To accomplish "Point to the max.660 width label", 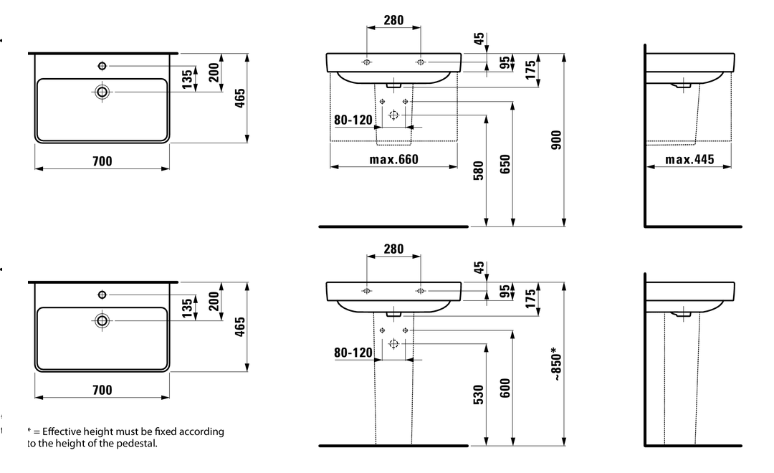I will (393, 159).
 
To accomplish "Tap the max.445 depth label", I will (689, 159).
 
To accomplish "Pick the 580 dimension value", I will (479, 170).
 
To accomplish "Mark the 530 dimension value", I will (479, 394).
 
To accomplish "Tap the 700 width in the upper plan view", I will (102, 161).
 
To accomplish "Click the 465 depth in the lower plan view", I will (240, 326).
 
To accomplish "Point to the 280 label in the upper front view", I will (393, 20).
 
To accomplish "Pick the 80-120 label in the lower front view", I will (353, 353).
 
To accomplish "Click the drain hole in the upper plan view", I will (102, 92).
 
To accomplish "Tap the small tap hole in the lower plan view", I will (102, 294).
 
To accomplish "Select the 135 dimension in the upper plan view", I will (187, 78).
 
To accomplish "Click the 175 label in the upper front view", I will (530, 69).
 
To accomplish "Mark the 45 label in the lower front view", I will (479, 268).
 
